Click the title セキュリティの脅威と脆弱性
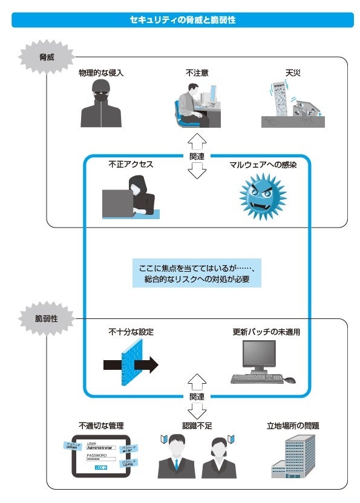pos(182,20)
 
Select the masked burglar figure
pos(98,104)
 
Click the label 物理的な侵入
pos(101,73)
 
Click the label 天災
pos(293,73)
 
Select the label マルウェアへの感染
pos(263,164)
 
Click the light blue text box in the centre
pos(197,274)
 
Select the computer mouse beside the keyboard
pos(290,380)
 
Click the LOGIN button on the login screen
pos(100,467)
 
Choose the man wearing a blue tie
pos(176,456)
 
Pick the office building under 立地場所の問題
pos(296,456)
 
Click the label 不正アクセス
pos(131,164)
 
